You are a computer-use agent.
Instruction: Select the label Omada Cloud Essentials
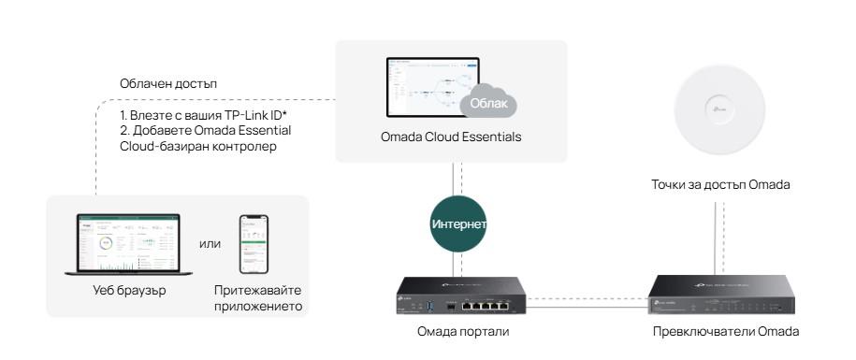point(451,137)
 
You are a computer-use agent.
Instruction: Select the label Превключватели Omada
point(727,331)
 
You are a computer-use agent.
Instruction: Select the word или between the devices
point(210,245)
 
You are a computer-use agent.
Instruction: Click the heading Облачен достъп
point(168,84)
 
